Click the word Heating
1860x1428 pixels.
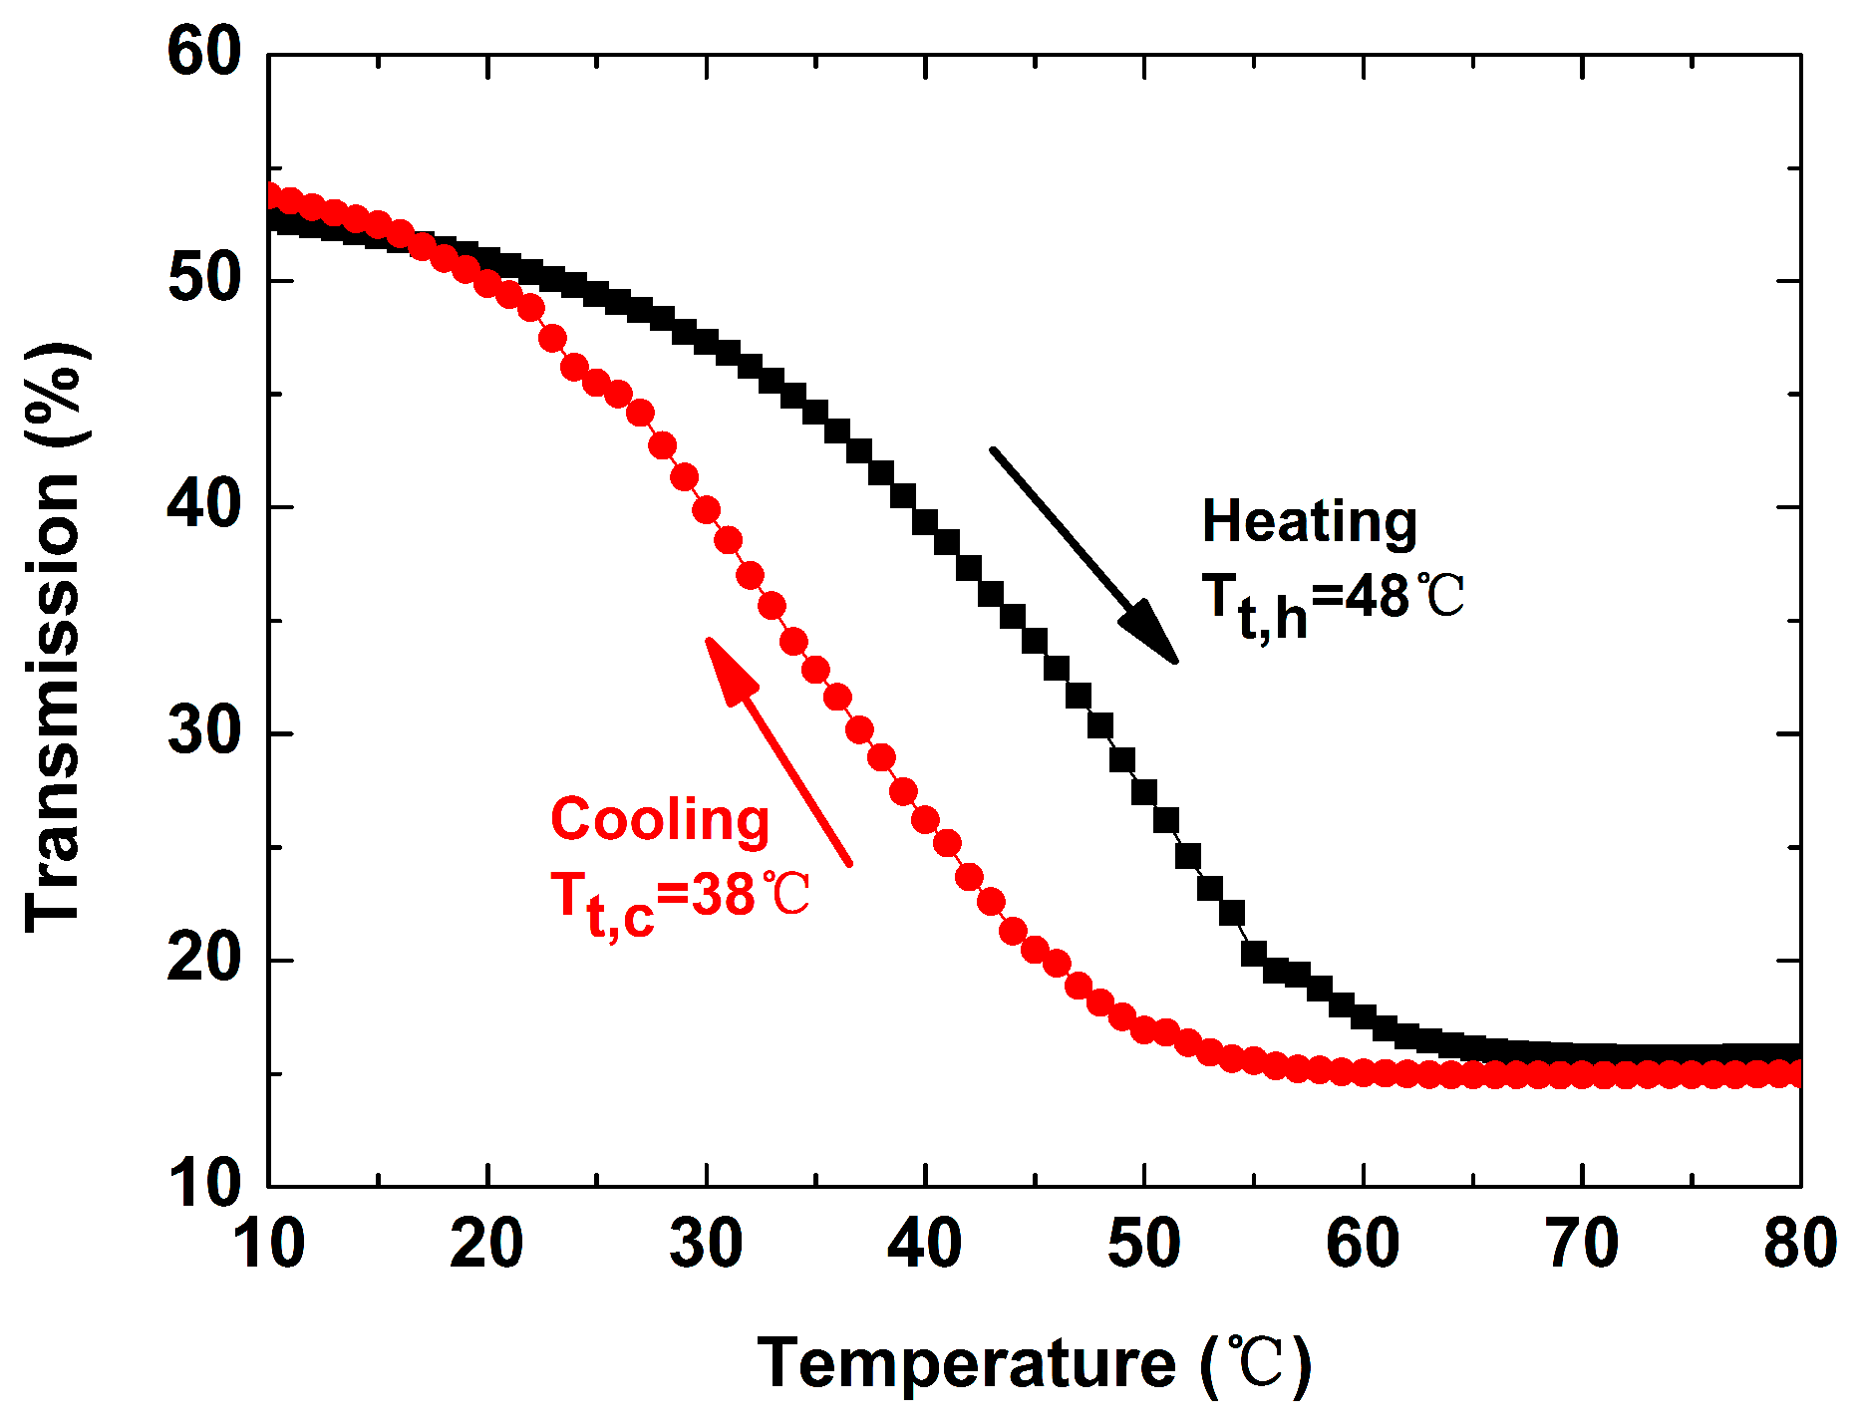click(1309, 522)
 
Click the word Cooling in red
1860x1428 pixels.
click(660, 821)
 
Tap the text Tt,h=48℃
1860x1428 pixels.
click(1332, 601)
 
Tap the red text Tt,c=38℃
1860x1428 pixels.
click(680, 899)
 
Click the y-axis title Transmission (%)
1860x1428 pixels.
click(56, 638)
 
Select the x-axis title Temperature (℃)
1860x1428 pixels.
click(1034, 1363)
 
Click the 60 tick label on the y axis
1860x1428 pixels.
click(204, 53)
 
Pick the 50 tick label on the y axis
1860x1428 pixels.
click(204, 280)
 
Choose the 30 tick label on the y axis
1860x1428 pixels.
click(204, 732)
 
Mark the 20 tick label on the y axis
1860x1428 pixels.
click(204, 959)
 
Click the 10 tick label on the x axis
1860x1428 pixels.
click(268, 1244)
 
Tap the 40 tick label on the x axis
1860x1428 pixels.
click(925, 1244)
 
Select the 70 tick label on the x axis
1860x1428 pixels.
click(1582, 1244)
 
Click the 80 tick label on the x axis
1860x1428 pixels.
click(1799, 1244)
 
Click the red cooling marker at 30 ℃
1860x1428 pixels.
click(707, 510)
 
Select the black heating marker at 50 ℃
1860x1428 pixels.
click(1144, 792)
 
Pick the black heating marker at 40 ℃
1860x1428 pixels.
click(925, 521)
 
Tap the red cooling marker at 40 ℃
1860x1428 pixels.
click(925, 820)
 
